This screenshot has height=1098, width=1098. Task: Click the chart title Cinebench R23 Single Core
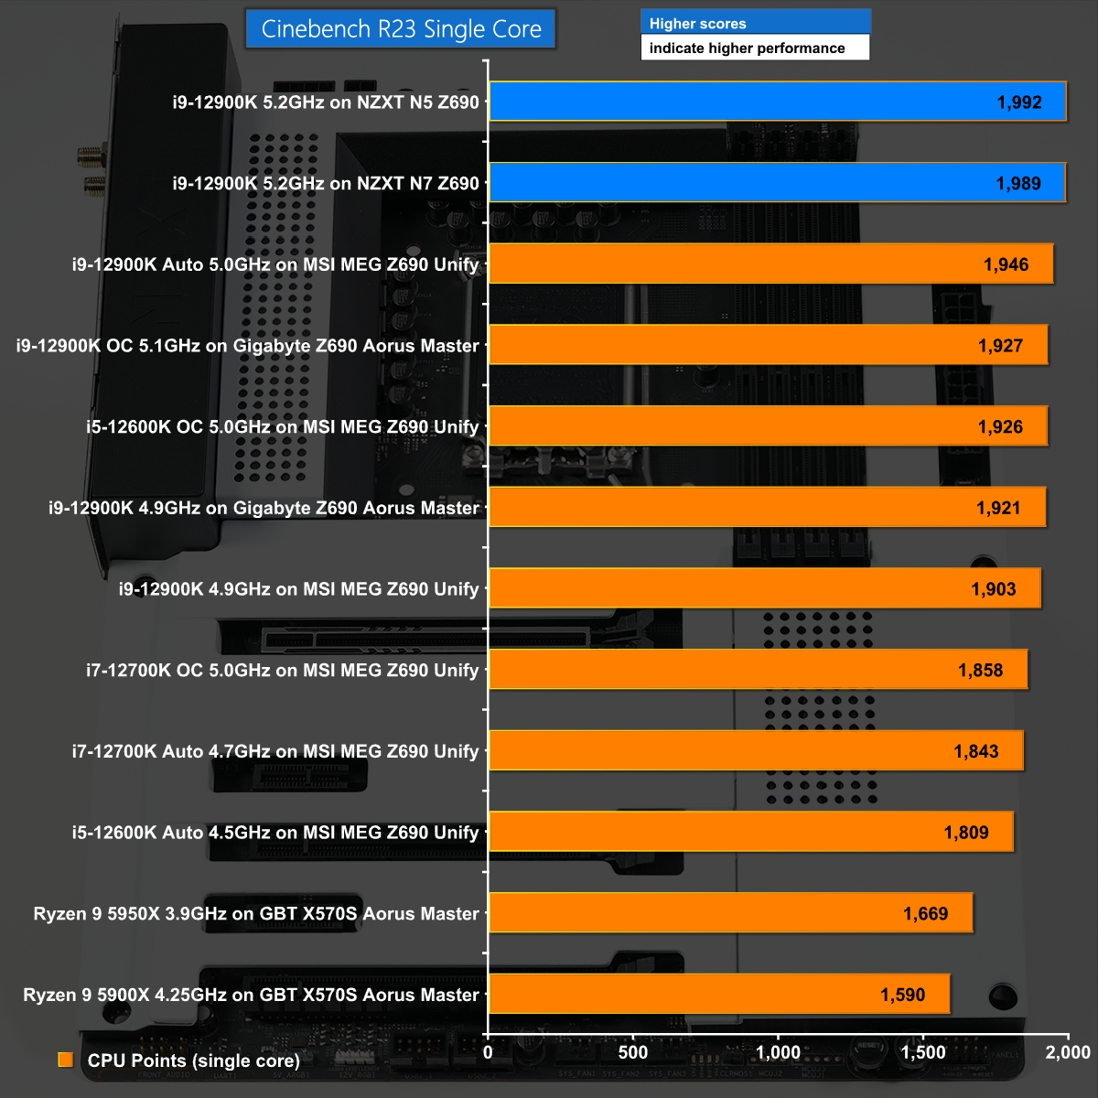(401, 29)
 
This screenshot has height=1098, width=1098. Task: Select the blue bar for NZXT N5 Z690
(778, 102)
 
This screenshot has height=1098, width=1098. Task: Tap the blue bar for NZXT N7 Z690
(778, 183)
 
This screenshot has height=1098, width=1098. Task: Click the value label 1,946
(1006, 264)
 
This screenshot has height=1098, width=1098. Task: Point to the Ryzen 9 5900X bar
(719, 995)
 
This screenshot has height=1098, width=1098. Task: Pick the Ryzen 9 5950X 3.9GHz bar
(730, 913)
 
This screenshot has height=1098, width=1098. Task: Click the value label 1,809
(966, 833)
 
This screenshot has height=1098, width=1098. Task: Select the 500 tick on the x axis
(633, 1052)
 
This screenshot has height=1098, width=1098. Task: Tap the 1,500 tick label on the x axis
(923, 1052)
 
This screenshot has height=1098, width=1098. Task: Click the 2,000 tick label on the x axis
(1068, 1052)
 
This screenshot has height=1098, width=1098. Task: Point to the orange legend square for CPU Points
(66, 1060)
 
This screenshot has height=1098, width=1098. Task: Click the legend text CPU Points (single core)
(194, 1060)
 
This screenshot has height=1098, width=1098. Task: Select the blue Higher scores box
(755, 23)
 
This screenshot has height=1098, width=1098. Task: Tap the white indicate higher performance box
(755, 48)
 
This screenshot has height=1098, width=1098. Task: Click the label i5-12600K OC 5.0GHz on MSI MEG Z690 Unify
(283, 427)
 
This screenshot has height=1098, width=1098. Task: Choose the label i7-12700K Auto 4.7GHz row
(275, 751)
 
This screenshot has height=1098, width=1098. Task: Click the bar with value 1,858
(758, 670)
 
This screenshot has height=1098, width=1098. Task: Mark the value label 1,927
(1000, 346)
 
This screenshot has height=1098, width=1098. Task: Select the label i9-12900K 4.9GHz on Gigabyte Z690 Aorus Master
(264, 508)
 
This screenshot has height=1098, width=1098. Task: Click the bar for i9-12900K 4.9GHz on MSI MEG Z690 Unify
(764, 589)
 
